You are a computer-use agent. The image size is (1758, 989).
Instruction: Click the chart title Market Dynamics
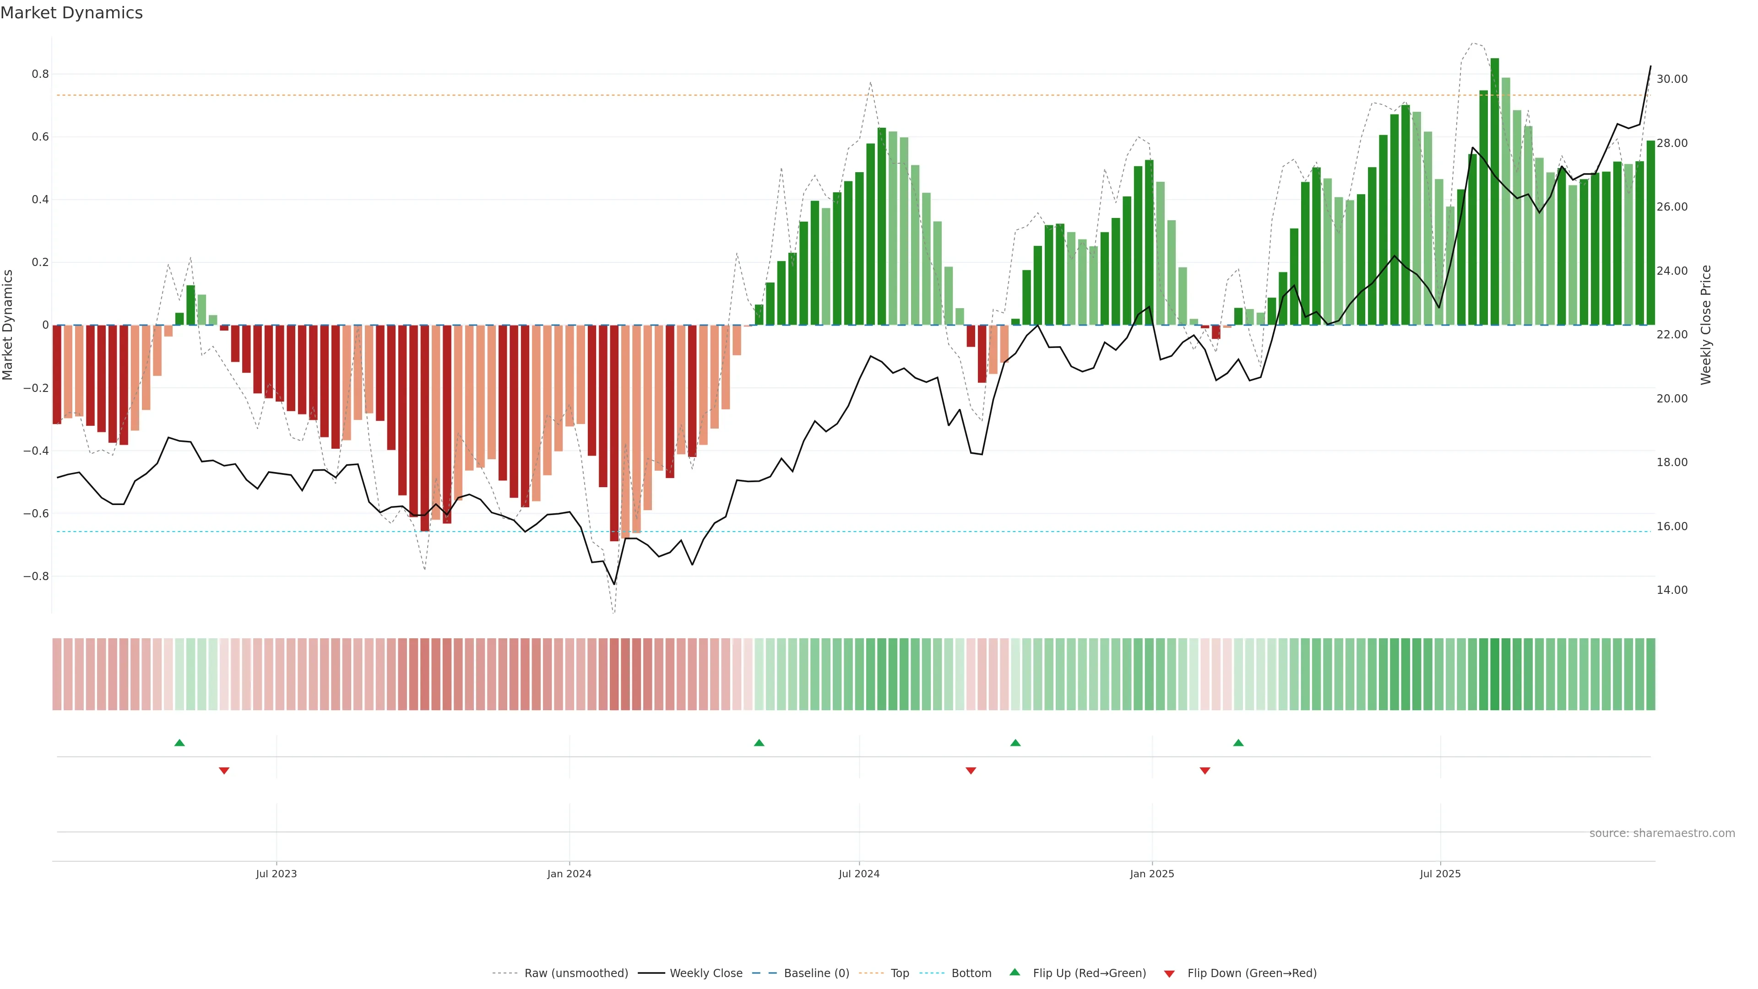coord(72,13)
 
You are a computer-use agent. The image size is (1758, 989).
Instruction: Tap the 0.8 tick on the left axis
coord(40,74)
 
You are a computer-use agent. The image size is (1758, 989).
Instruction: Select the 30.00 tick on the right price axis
coord(1671,79)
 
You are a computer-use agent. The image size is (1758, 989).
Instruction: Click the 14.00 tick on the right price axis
coord(1671,590)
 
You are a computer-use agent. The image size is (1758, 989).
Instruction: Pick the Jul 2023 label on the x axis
coord(277,874)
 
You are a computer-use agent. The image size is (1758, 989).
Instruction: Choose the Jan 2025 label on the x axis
coord(1152,874)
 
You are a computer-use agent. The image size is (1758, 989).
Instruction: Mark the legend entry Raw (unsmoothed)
coord(575,973)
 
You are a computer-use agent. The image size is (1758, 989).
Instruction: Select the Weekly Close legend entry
coord(705,973)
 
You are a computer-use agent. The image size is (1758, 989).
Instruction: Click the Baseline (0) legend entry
coord(816,973)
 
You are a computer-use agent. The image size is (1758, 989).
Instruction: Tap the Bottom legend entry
coord(971,973)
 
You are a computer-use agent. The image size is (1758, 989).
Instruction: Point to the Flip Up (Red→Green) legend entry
coord(1089,973)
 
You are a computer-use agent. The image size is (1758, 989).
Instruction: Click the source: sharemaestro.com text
coord(1662,833)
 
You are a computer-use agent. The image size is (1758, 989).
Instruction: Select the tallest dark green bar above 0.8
coord(1495,191)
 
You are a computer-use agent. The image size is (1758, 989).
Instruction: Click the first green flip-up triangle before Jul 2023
coord(179,743)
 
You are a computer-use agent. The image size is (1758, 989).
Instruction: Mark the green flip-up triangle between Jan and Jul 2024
coord(759,743)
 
